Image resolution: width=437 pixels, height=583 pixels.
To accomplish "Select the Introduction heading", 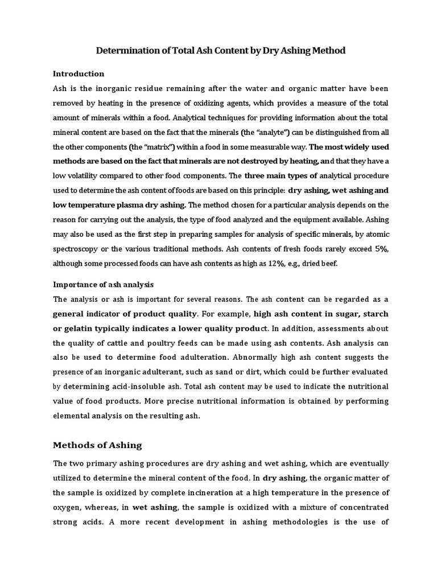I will pyautogui.click(x=79, y=73).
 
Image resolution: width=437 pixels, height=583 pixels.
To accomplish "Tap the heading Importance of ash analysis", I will pyautogui.click(x=104, y=284).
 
